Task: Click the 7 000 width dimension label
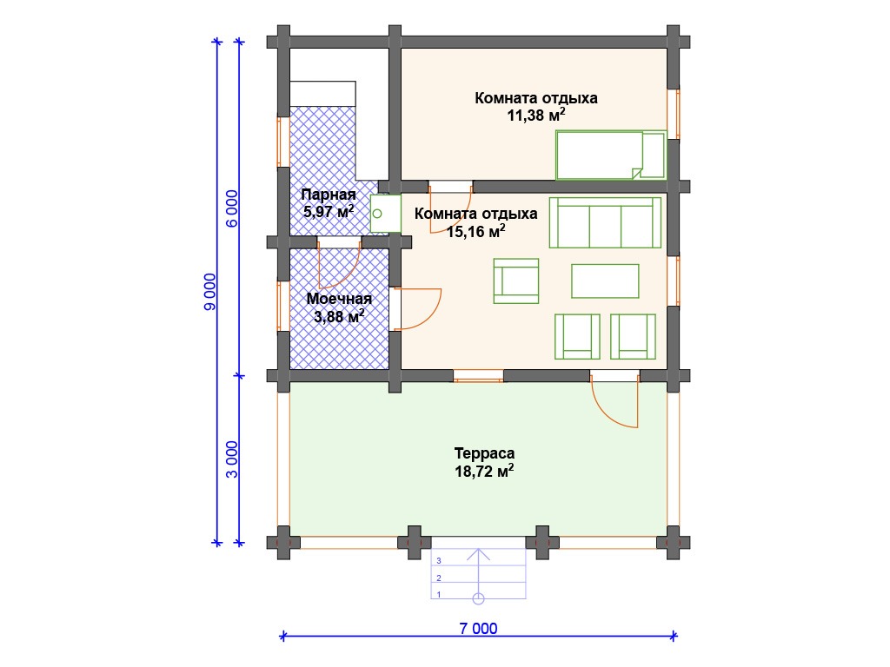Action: pos(478,628)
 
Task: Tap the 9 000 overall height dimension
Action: pos(210,292)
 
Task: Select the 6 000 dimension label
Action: pos(232,208)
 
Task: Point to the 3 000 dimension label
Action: pos(232,459)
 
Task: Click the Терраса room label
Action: pos(484,453)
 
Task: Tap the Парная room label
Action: pos(329,195)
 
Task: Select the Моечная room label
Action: pos(339,299)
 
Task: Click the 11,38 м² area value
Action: pos(535,115)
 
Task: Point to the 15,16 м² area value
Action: pos(475,231)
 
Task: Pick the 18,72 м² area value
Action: pos(484,471)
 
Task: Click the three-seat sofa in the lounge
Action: pos(605,222)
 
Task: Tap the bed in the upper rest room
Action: pos(610,155)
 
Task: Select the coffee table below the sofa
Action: pos(605,281)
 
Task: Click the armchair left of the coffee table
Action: pos(516,281)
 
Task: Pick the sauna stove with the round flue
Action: pos(385,214)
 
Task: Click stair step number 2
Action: pos(479,578)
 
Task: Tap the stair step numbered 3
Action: pos(479,560)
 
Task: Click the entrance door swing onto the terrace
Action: pos(614,404)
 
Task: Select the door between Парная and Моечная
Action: pos(339,266)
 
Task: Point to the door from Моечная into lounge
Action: pos(418,308)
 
